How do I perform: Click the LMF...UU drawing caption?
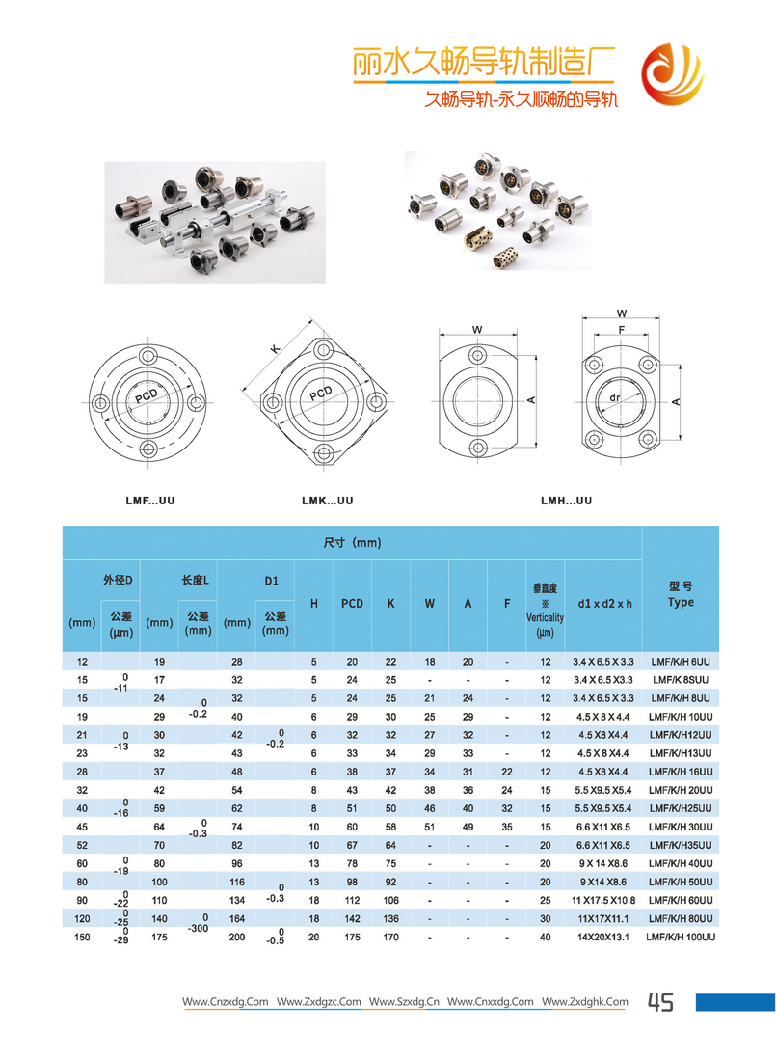(149, 502)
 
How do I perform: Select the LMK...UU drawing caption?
(327, 502)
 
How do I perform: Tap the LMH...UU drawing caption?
(566, 502)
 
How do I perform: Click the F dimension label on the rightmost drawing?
(622, 330)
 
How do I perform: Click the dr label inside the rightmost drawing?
(615, 397)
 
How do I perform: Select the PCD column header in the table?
(352, 604)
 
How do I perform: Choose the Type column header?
(681, 603)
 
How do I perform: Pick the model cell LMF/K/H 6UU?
(681, 662)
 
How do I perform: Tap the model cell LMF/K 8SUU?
(681, 680)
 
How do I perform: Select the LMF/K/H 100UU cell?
(681, 937)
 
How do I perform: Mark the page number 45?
(660, 1003)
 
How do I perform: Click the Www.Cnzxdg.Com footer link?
(226, 1003)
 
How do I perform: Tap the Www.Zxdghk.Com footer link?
(584, 1003)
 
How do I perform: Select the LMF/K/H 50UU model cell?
(681, 882)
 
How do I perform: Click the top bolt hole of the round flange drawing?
(147, 357)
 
